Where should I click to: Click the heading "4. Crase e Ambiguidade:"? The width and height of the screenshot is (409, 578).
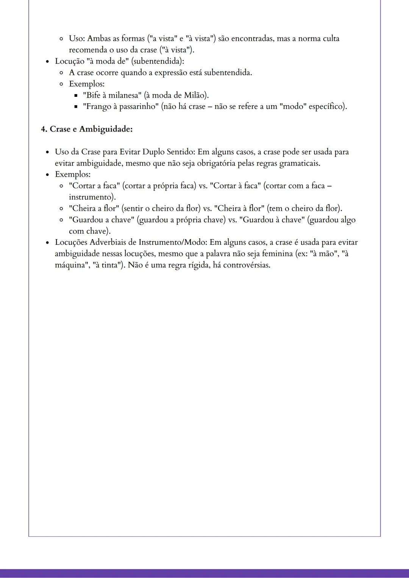click(87, 129)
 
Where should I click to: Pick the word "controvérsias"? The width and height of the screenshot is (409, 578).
click(247, 265)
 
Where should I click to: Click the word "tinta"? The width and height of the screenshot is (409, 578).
click(109, 265)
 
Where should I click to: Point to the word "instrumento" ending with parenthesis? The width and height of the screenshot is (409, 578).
click(92, 197)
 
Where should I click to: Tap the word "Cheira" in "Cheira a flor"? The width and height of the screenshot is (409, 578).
click(84, 208)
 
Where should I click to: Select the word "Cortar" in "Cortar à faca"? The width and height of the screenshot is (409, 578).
click(225, 186)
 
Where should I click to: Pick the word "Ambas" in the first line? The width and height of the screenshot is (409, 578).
click(99, 39)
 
